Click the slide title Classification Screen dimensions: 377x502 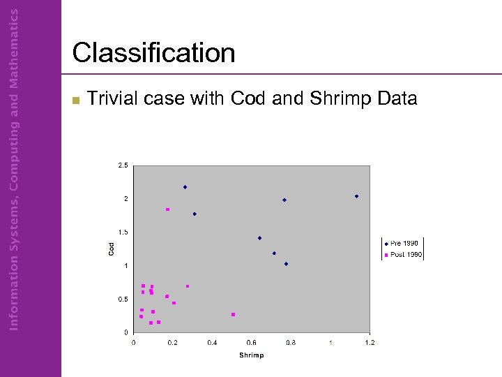pos(153,53)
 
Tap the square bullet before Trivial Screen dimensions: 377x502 pos(77,100)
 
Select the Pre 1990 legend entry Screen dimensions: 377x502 pos(404,243)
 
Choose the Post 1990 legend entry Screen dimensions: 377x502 pos(404,255)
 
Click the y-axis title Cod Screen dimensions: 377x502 pos(111,249)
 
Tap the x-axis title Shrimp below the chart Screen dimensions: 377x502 pos(251,355)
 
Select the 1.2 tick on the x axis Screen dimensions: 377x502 pos(370,342)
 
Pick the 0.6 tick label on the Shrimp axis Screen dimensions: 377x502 pos(252,342)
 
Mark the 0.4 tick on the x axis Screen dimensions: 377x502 pos(213,342)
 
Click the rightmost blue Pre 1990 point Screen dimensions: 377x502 pos(356,196)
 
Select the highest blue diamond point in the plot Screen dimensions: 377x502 pos(185,187)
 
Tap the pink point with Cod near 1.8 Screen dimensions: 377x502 pos(167,209)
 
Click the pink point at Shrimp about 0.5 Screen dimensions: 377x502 pos(233,314)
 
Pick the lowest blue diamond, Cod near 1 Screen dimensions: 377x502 pos(286,264)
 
